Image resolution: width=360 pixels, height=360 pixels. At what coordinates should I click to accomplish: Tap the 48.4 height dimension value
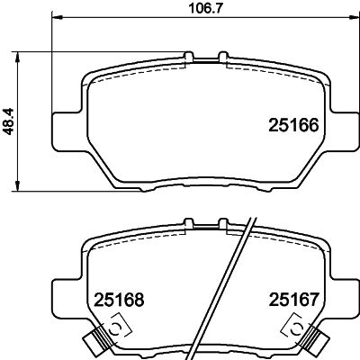9,121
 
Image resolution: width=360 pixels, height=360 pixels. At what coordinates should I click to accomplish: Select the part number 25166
293,125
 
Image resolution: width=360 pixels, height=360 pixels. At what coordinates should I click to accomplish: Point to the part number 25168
119,300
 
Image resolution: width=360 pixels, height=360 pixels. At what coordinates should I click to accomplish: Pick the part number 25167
293,300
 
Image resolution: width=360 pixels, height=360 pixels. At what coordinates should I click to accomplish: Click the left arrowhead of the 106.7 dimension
58,17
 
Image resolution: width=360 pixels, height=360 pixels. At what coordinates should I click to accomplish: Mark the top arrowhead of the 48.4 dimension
18,58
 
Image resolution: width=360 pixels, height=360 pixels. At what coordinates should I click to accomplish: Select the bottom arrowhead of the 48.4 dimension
18,185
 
